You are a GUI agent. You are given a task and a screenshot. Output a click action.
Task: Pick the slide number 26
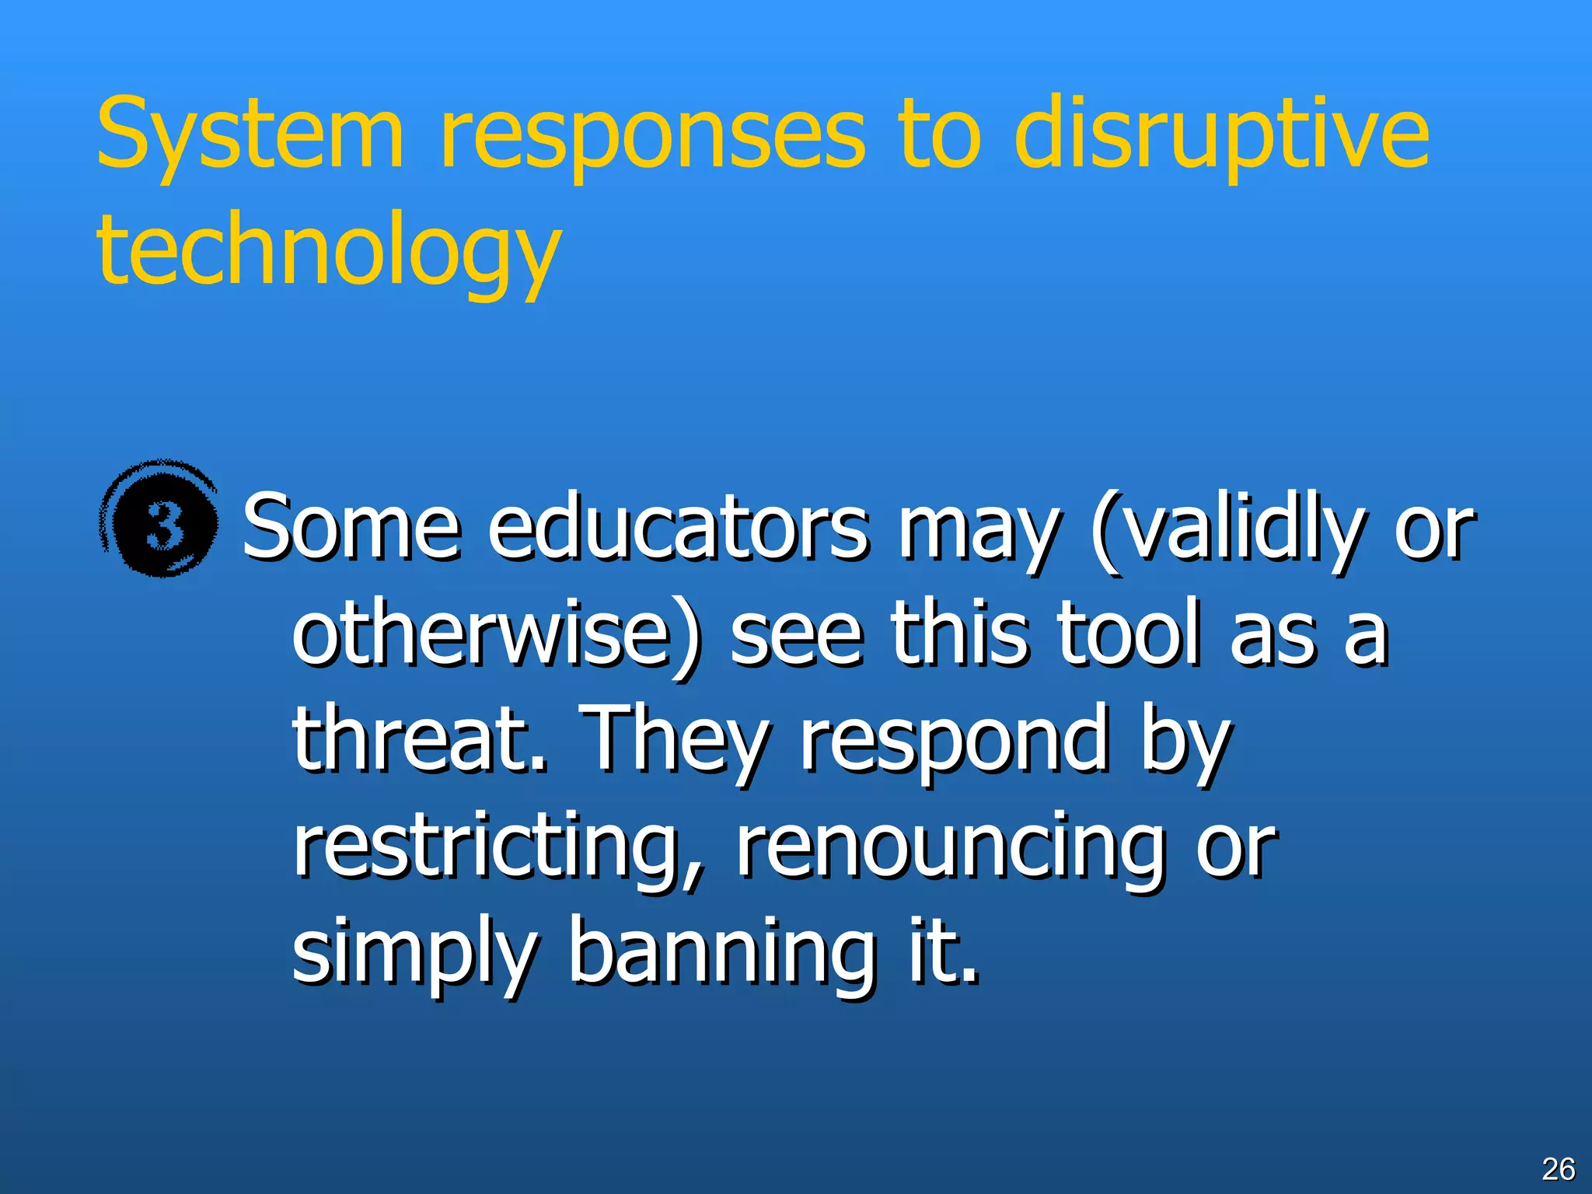point(1558,1169)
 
